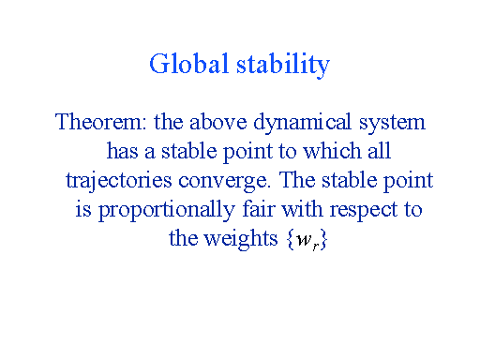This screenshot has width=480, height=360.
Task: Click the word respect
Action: pos(352,209)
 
